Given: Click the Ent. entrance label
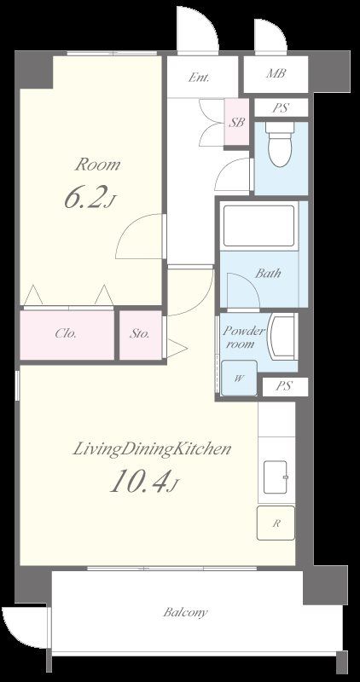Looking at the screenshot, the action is (x=199, y=78).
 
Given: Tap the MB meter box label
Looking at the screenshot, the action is (x=276, y=73).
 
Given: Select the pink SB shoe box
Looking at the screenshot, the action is (x=237, y=122).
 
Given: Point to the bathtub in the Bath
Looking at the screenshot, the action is (x=259, y=226).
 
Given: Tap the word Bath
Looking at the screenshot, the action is (x=268, y=274).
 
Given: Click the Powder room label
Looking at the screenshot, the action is (x=244, y=338).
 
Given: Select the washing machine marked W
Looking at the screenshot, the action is (x=239, y=378).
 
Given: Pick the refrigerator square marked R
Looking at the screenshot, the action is (x=276, y=523).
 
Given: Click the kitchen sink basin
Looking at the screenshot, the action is (x=275, y=477).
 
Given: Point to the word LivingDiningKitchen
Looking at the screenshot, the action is (x=151, y=450).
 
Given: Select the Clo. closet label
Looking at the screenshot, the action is (x=67, y=334).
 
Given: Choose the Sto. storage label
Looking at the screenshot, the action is (x=139, y=334).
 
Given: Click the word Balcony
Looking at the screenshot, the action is (x=185, y=613).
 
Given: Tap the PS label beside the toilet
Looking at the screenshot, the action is (x=282, y=108).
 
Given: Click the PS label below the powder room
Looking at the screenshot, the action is (x=284, y=386).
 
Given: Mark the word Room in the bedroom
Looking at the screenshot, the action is (x=97, y=165).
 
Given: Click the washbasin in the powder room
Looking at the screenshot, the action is (x=283, y=336).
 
